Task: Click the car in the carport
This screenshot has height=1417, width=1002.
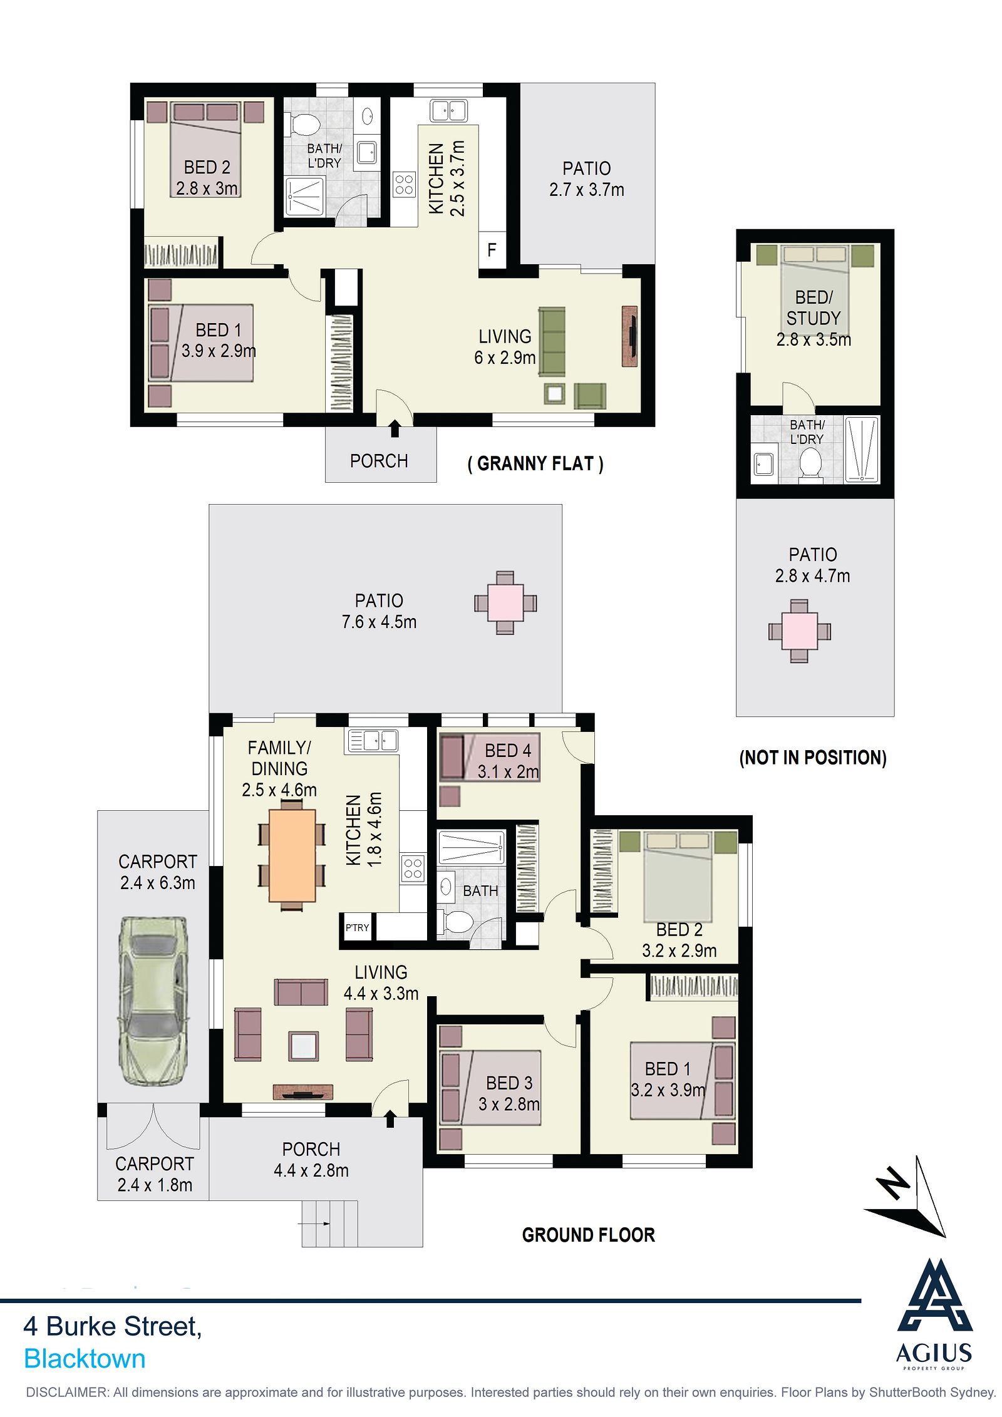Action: (153, 1001)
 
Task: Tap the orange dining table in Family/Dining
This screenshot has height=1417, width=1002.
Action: (292, 855)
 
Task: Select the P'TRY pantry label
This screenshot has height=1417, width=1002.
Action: (357, 927)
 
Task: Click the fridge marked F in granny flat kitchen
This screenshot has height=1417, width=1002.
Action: (492, 250)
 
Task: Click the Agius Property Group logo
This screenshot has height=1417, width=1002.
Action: (934, 1314)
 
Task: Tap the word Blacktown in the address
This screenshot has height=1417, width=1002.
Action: (85, 1358)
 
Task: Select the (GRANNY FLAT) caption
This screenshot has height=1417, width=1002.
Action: (535, 464)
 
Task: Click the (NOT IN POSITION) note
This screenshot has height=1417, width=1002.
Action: (813, 758)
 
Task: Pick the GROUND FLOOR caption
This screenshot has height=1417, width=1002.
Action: (589, 1235)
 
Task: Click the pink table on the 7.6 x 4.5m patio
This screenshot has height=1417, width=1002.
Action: (505, 602)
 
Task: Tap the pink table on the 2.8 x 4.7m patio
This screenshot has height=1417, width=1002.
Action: (799, 631)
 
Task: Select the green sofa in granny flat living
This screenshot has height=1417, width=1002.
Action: (552, 341)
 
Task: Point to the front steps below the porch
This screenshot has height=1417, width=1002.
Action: (330, 1224)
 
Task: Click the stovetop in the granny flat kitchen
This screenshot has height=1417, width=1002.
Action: (405, 185)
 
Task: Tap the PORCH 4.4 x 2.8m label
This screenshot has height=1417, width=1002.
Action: (311, 1160)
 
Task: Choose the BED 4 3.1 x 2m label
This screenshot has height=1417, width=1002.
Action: (508, 761)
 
